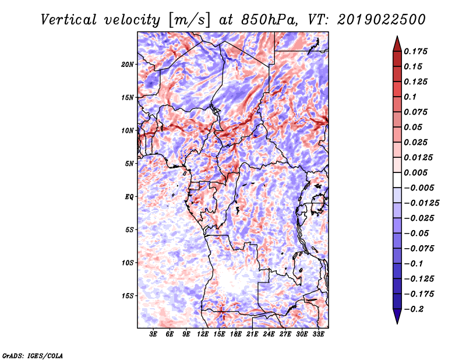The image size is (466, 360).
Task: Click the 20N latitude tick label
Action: coord(128,65)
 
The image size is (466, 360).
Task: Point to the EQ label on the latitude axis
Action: coord(129,197)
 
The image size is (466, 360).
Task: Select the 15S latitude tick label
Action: coord(128,296)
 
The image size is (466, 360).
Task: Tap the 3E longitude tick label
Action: coord(153,334)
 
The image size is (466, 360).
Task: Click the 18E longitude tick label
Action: coord(236,334)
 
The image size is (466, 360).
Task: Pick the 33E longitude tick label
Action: coord(318,334)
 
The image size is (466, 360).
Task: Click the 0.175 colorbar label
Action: coord(415,51)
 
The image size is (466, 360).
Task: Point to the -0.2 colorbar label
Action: coord(414,309)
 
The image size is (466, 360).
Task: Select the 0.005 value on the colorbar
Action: coord(415,172)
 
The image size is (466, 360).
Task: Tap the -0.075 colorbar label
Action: coord(419,249)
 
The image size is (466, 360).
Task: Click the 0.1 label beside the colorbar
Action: coord(410,97)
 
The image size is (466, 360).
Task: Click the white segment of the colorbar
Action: coord(397,180)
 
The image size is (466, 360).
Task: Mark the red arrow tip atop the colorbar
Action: coord(397,37)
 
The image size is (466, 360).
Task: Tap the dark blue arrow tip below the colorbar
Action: coord(397,323)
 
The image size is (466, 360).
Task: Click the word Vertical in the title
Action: coord(69,20)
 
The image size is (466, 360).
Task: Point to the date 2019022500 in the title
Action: coord(382,20)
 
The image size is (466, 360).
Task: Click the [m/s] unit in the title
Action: coord(190,20)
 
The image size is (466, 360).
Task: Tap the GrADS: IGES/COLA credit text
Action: coord(33,355)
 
